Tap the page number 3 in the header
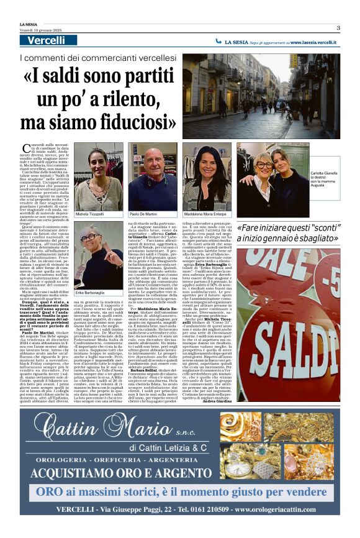338,27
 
